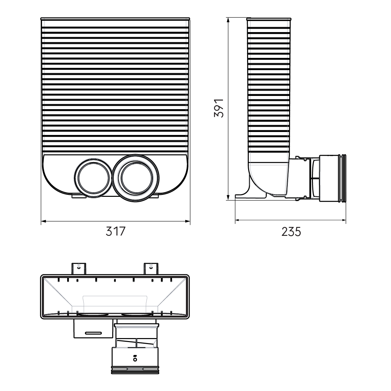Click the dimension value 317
point(116,231)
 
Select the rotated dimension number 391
point(219,108)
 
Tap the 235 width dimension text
point(291,232)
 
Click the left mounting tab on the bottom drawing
point(79,268)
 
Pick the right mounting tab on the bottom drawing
point(151,268)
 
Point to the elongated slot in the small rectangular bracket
point(93,332)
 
